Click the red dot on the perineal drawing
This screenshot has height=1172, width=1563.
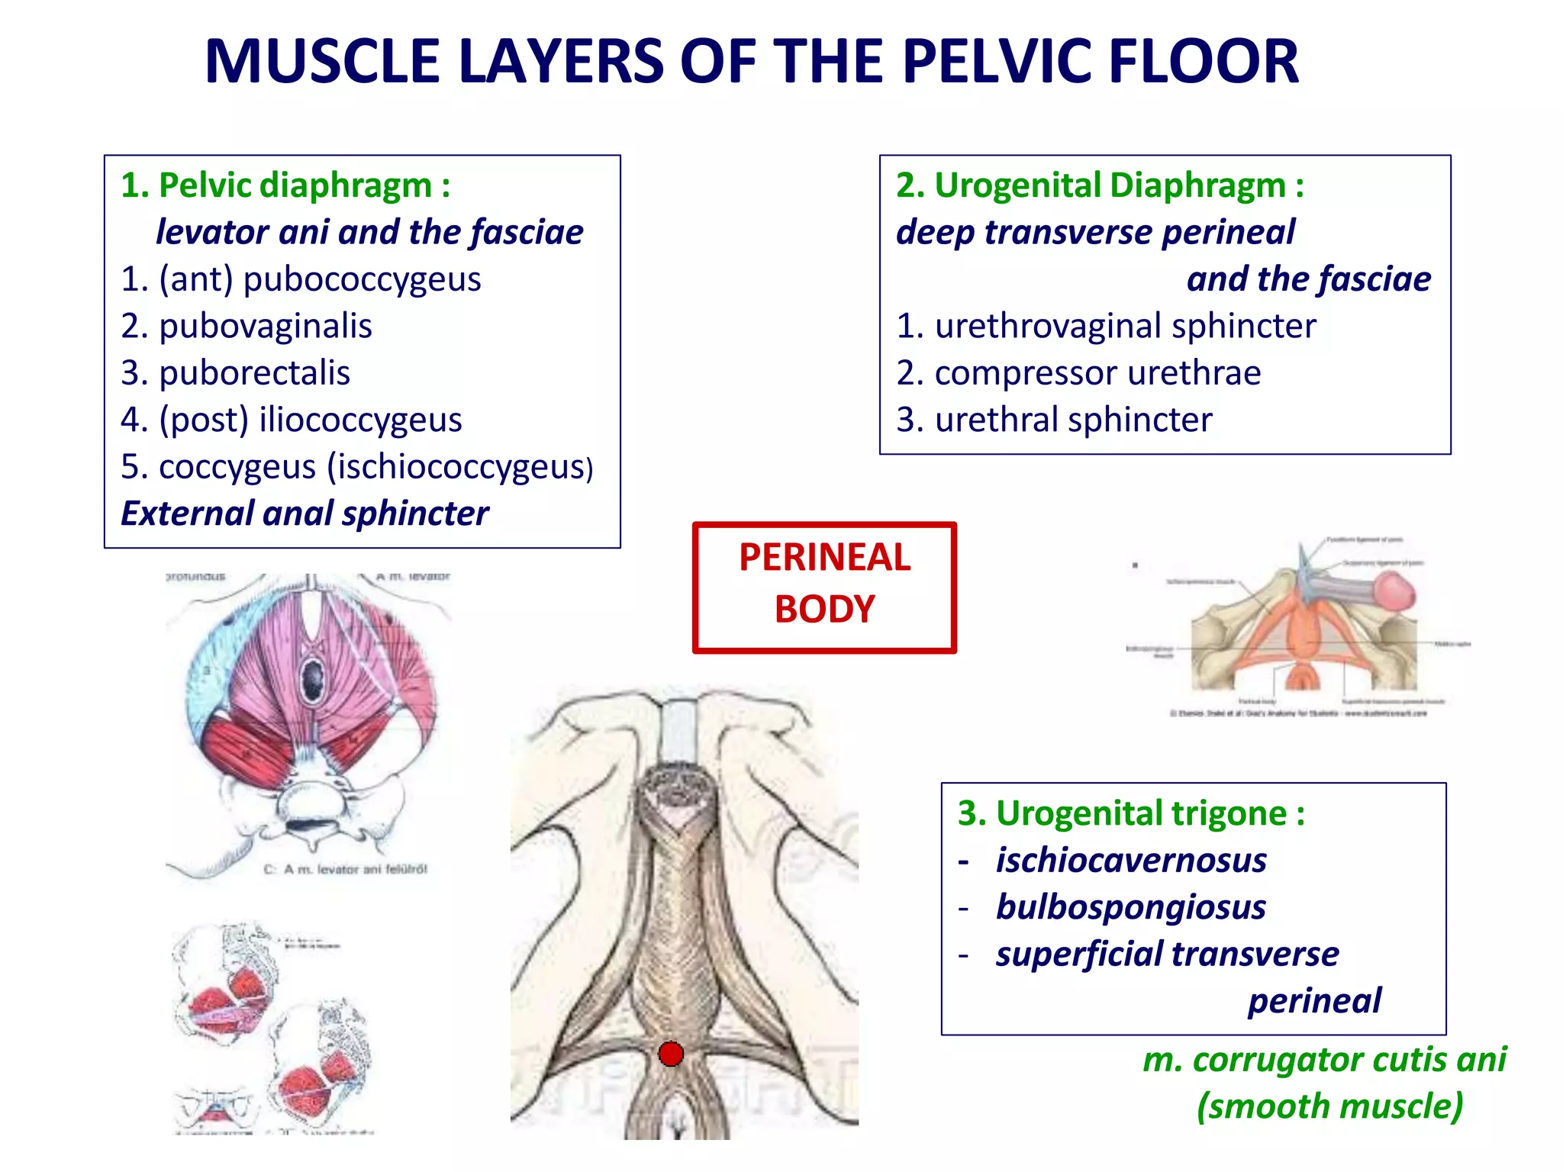click(671, 1054)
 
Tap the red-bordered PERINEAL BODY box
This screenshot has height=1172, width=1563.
click(824, 587)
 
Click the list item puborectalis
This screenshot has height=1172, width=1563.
click(254, 373)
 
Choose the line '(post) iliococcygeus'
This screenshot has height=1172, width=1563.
click(310, 420)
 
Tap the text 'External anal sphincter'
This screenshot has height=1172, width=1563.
click(305, 514)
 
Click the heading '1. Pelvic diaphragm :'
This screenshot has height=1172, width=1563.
click(285, 185)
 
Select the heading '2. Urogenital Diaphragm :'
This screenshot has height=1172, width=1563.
click(1100, 185)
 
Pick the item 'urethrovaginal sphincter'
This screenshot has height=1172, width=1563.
click(1125, 326)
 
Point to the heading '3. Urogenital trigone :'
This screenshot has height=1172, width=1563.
click(1131, 813)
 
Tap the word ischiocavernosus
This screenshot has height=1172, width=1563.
click(1131, 861)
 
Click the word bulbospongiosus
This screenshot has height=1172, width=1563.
click(1131, 907)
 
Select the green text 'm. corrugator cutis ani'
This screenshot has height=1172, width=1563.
click(1324, 1060)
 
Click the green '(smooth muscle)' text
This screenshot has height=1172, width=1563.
click(1329, 1106)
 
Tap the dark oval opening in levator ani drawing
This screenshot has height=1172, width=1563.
click(313, 675)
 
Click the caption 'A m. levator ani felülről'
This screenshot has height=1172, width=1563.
click(355, 869)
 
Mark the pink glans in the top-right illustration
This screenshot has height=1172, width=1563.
click(1395, 592)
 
